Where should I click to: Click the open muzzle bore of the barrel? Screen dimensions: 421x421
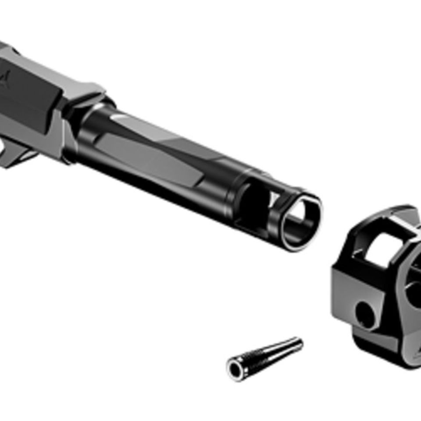(299, 219)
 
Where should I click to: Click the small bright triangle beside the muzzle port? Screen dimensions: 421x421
(274, 200)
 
